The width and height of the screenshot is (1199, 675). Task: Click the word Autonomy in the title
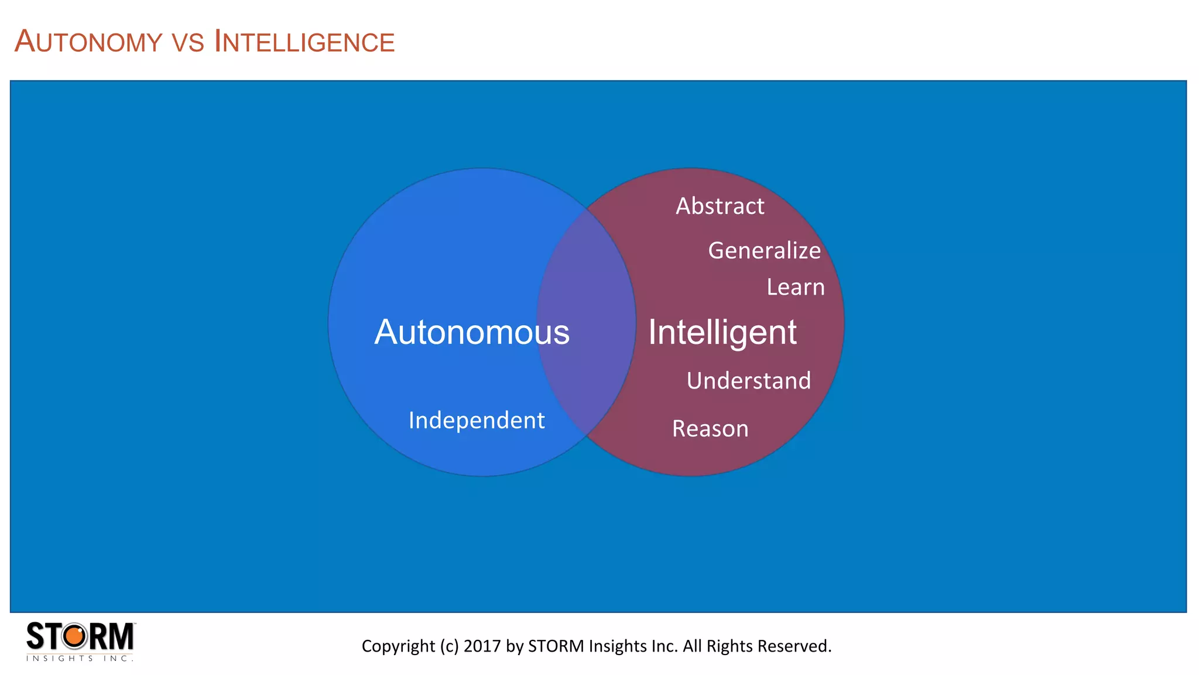(88, 42)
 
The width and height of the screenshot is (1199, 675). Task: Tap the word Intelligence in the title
(304, 42)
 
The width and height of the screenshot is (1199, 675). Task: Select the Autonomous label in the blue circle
(472, 332)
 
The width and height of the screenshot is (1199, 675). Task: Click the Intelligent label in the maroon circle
(722, 332)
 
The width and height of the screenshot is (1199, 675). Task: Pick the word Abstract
(720, 206)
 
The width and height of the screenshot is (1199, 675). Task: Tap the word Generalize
(765, 251)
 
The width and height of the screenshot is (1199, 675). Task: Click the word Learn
(796, 287)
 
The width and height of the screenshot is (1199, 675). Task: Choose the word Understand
(749, 381)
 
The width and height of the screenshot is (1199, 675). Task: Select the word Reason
(710, 429)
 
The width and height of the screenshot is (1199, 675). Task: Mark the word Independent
(477, 420)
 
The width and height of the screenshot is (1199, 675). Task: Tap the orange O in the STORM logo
(75, 636)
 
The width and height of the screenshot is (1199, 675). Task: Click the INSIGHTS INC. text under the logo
(80, 659)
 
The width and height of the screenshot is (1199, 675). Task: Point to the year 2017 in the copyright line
(482, 646)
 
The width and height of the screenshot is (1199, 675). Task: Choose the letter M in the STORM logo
(121, 636)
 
